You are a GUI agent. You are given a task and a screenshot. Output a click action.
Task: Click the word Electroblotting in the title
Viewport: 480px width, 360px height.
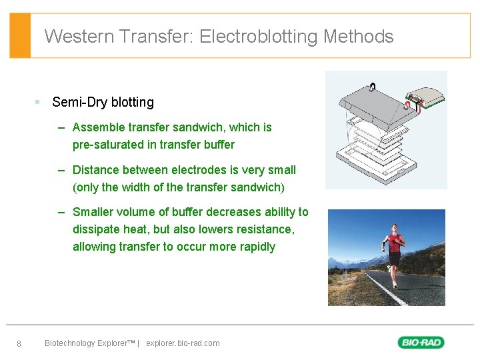[x=258, y=36]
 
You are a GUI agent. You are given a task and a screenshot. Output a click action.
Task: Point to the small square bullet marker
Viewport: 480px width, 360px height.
[x=38, y=102]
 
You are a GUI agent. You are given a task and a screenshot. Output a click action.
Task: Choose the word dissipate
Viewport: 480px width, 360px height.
[x=96, y=229]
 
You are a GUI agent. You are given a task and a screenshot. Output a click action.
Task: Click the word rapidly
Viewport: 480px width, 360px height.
[x=254, y=247]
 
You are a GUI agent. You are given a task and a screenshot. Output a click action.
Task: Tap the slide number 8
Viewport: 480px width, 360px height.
[x=19, y=344]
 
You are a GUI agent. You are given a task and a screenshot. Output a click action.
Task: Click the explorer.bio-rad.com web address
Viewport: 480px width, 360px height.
[x=183, y=343]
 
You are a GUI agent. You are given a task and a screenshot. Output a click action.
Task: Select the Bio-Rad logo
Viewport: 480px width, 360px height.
[x=421, y=343]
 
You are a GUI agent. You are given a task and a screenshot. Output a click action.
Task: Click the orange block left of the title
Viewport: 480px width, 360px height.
[x=21, y=35]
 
